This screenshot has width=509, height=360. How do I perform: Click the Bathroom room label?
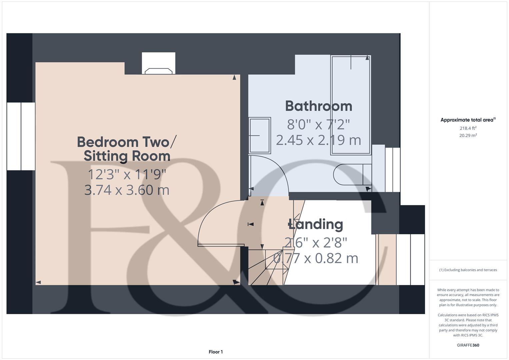point(319,106)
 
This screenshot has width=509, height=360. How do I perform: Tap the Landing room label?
point(316,224)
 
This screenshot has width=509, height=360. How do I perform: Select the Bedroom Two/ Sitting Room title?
point(127,149)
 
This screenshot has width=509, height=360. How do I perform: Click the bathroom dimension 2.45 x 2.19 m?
point(319,140)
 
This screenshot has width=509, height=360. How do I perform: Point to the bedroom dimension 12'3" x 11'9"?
point(127,174)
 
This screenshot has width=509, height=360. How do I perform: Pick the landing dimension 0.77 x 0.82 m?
point(316,258)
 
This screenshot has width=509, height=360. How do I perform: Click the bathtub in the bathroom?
point(350,105)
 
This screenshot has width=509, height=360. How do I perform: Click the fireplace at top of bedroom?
point(159,64)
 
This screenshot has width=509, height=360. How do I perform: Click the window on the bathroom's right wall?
point(392,170)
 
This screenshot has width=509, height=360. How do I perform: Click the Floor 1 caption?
point(216,352)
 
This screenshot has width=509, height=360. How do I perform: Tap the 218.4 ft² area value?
point(468,128)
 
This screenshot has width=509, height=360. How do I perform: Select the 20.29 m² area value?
point(468,135)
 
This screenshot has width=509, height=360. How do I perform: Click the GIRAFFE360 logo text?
point(468,345)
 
